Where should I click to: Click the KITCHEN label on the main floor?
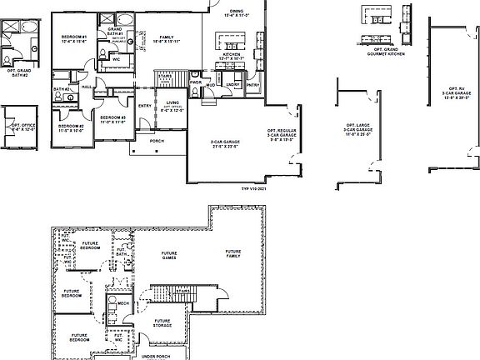[232, 56]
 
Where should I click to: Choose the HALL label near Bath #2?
[87, 85]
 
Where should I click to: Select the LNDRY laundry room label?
[232, 84]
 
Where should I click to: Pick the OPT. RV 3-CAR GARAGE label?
[456, 92]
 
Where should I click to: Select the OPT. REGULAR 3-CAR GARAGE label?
[282, 135]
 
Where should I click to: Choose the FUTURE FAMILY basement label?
[232, 254]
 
